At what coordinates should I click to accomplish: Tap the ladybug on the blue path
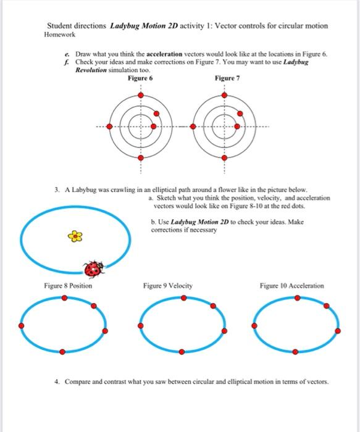tap(94, 268)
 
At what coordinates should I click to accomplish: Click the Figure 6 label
tap(140, 78)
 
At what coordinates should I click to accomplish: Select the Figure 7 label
tap(226, 78)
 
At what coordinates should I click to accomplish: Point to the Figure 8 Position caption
tap(68, 286)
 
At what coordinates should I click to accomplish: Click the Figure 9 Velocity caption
tap(167, 286)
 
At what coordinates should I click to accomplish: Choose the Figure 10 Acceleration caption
tap(291, 286)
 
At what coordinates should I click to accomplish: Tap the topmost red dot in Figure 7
tap(225, 95)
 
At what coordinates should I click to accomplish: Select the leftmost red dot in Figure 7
tap(194, 126)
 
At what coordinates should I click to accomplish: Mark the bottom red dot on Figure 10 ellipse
tap(295, 352)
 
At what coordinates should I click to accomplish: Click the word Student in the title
tap(61, 27)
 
